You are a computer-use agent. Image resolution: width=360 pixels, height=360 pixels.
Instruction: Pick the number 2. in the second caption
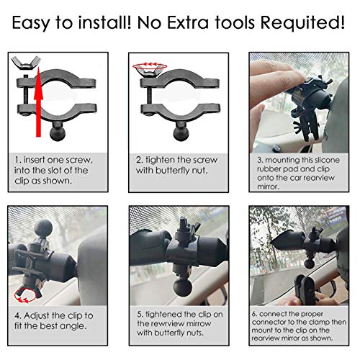coord(140,160)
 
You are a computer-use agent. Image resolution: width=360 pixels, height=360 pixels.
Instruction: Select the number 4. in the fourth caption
coord(17,314)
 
